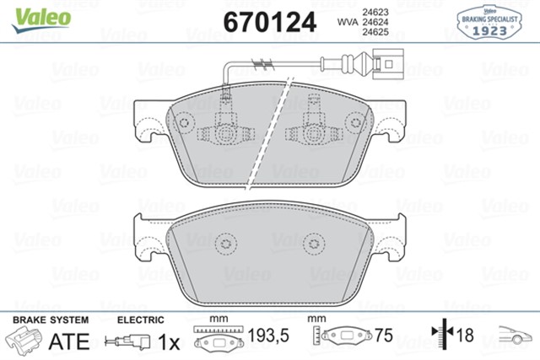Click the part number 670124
click(270, 22)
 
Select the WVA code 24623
click(375, 12)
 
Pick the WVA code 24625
click(375, 32)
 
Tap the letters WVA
click(348, 22)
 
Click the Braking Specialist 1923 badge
click(489, 22)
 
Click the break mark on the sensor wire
click(262, 63)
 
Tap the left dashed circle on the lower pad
click(226, 244)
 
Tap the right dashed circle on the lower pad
click(314, 244)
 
